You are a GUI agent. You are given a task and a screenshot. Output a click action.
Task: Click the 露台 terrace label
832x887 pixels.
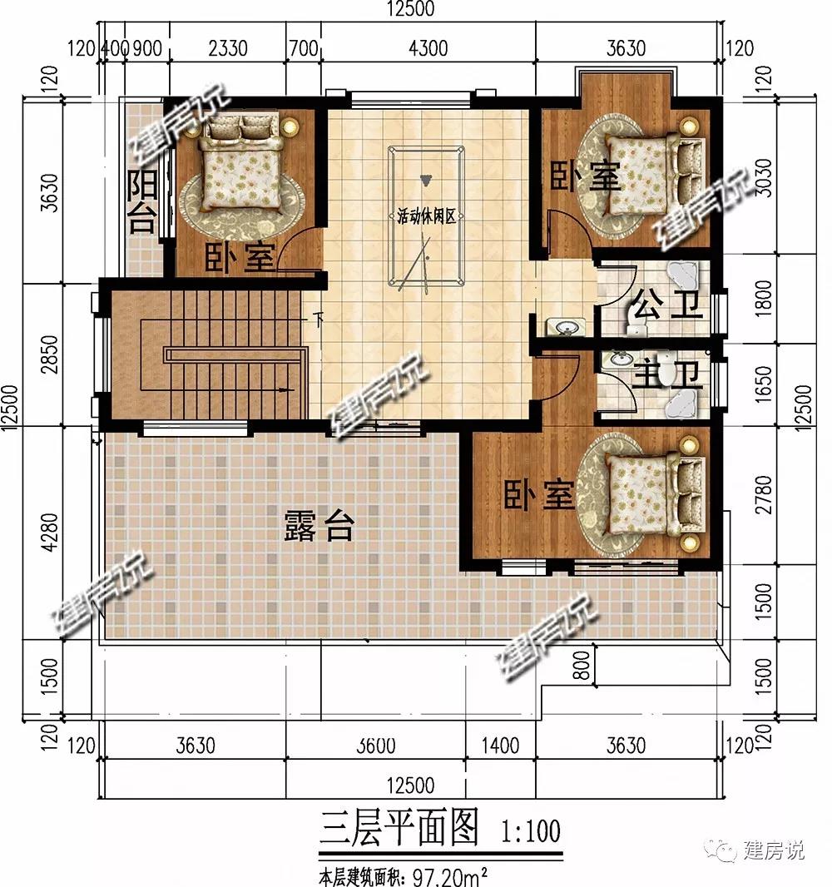[x=319, y=526]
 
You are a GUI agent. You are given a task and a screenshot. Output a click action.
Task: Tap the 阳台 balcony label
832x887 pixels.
[x=141, y=202]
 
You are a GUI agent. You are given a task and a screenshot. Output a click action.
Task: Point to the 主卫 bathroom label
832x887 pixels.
[x=667, y=374]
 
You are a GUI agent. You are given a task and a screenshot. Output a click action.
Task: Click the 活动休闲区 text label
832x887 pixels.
[x=426, y=216]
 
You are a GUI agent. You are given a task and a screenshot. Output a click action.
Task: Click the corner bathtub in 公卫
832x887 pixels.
[x=686, y=276]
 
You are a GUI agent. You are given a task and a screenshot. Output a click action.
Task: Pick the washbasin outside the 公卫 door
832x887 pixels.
[x=566, y=327]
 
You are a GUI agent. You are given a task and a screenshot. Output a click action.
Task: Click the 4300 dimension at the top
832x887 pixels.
[x=428, y=48]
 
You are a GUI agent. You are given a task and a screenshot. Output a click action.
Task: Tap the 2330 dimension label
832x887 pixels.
[x=228, y=48]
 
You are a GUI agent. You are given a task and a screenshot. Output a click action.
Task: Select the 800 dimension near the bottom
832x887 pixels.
[x=582, y=665]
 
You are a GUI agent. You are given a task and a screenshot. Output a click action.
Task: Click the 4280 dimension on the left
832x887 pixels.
[x=50, y=532]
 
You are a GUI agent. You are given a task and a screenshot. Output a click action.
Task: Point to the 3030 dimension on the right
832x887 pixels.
[x=764, y=177]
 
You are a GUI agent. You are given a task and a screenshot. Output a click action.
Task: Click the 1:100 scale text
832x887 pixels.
[x=530, y=831]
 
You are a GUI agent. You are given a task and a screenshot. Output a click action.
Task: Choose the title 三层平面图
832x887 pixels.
[x=399, y=829]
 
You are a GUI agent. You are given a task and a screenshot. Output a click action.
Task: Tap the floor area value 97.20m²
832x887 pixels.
[x=450, y=877]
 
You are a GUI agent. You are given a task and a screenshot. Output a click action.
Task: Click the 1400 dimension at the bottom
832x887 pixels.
[x=501, y=746]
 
